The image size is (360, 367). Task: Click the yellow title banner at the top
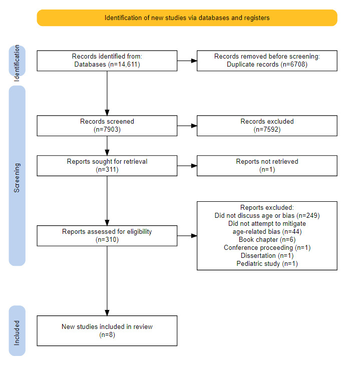click(187, 18)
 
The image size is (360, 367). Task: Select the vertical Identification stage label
click(17, 63)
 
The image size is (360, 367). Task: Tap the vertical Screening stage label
click(17, 178)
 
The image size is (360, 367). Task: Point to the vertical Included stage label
click(17, 333)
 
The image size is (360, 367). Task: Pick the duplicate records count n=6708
click(295, 65)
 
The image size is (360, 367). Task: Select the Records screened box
click(107, 126)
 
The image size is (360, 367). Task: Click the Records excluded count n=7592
click(267, 130)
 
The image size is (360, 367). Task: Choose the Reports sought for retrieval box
click(107, 166)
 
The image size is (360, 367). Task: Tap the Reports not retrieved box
click(267, 166)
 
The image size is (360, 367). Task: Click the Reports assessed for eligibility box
click(107, 236)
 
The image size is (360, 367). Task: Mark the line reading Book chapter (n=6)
click(267, 240)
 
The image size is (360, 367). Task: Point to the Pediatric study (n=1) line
click(267, 264)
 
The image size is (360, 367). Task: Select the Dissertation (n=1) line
click(267, 255)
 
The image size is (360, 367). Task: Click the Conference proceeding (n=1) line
click(267, 248)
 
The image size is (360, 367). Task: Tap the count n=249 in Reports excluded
click(309, 216)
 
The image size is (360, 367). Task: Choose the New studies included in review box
click(107, 331)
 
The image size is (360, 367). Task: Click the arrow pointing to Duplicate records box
click(187, 61)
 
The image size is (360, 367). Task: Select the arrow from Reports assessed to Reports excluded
click(187, 236)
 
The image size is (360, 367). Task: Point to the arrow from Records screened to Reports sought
click(107, 146)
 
